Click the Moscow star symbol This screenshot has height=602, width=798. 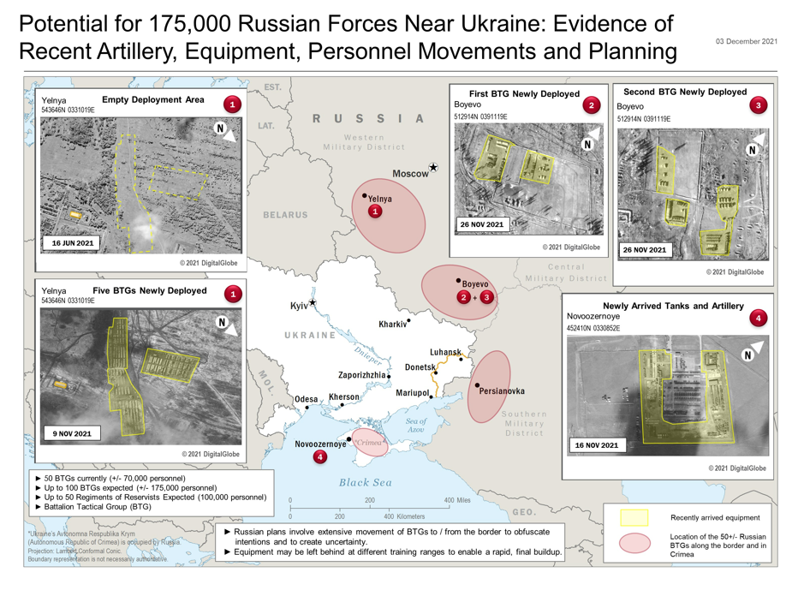[x=433, y=168]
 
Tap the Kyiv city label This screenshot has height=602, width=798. [x=299, y=305]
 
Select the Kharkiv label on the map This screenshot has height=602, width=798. [x=392, y=325]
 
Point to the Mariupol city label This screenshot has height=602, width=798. [x=412, y=393]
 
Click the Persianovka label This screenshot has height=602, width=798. [x=503, y=391]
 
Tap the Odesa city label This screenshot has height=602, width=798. [x=305, y=399]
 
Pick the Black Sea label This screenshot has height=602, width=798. [x=366, y=482]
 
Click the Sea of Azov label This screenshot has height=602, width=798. [x=416, y=425]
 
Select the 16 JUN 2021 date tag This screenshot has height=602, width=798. [x=73, y=243]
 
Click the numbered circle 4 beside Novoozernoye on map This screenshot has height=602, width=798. [x=320, y=457]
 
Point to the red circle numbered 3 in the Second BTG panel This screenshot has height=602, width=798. [x=757, y=106]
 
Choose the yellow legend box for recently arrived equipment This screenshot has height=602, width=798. [x=634, y=517]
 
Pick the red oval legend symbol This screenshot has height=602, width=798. [x=634, y=543]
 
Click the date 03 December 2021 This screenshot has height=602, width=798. [x=747, y=41]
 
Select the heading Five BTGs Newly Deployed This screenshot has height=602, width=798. [x=149, y=290]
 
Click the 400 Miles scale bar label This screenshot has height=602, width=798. [x=456, y=500]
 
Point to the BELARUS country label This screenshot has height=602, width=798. [x=284, y=214]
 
